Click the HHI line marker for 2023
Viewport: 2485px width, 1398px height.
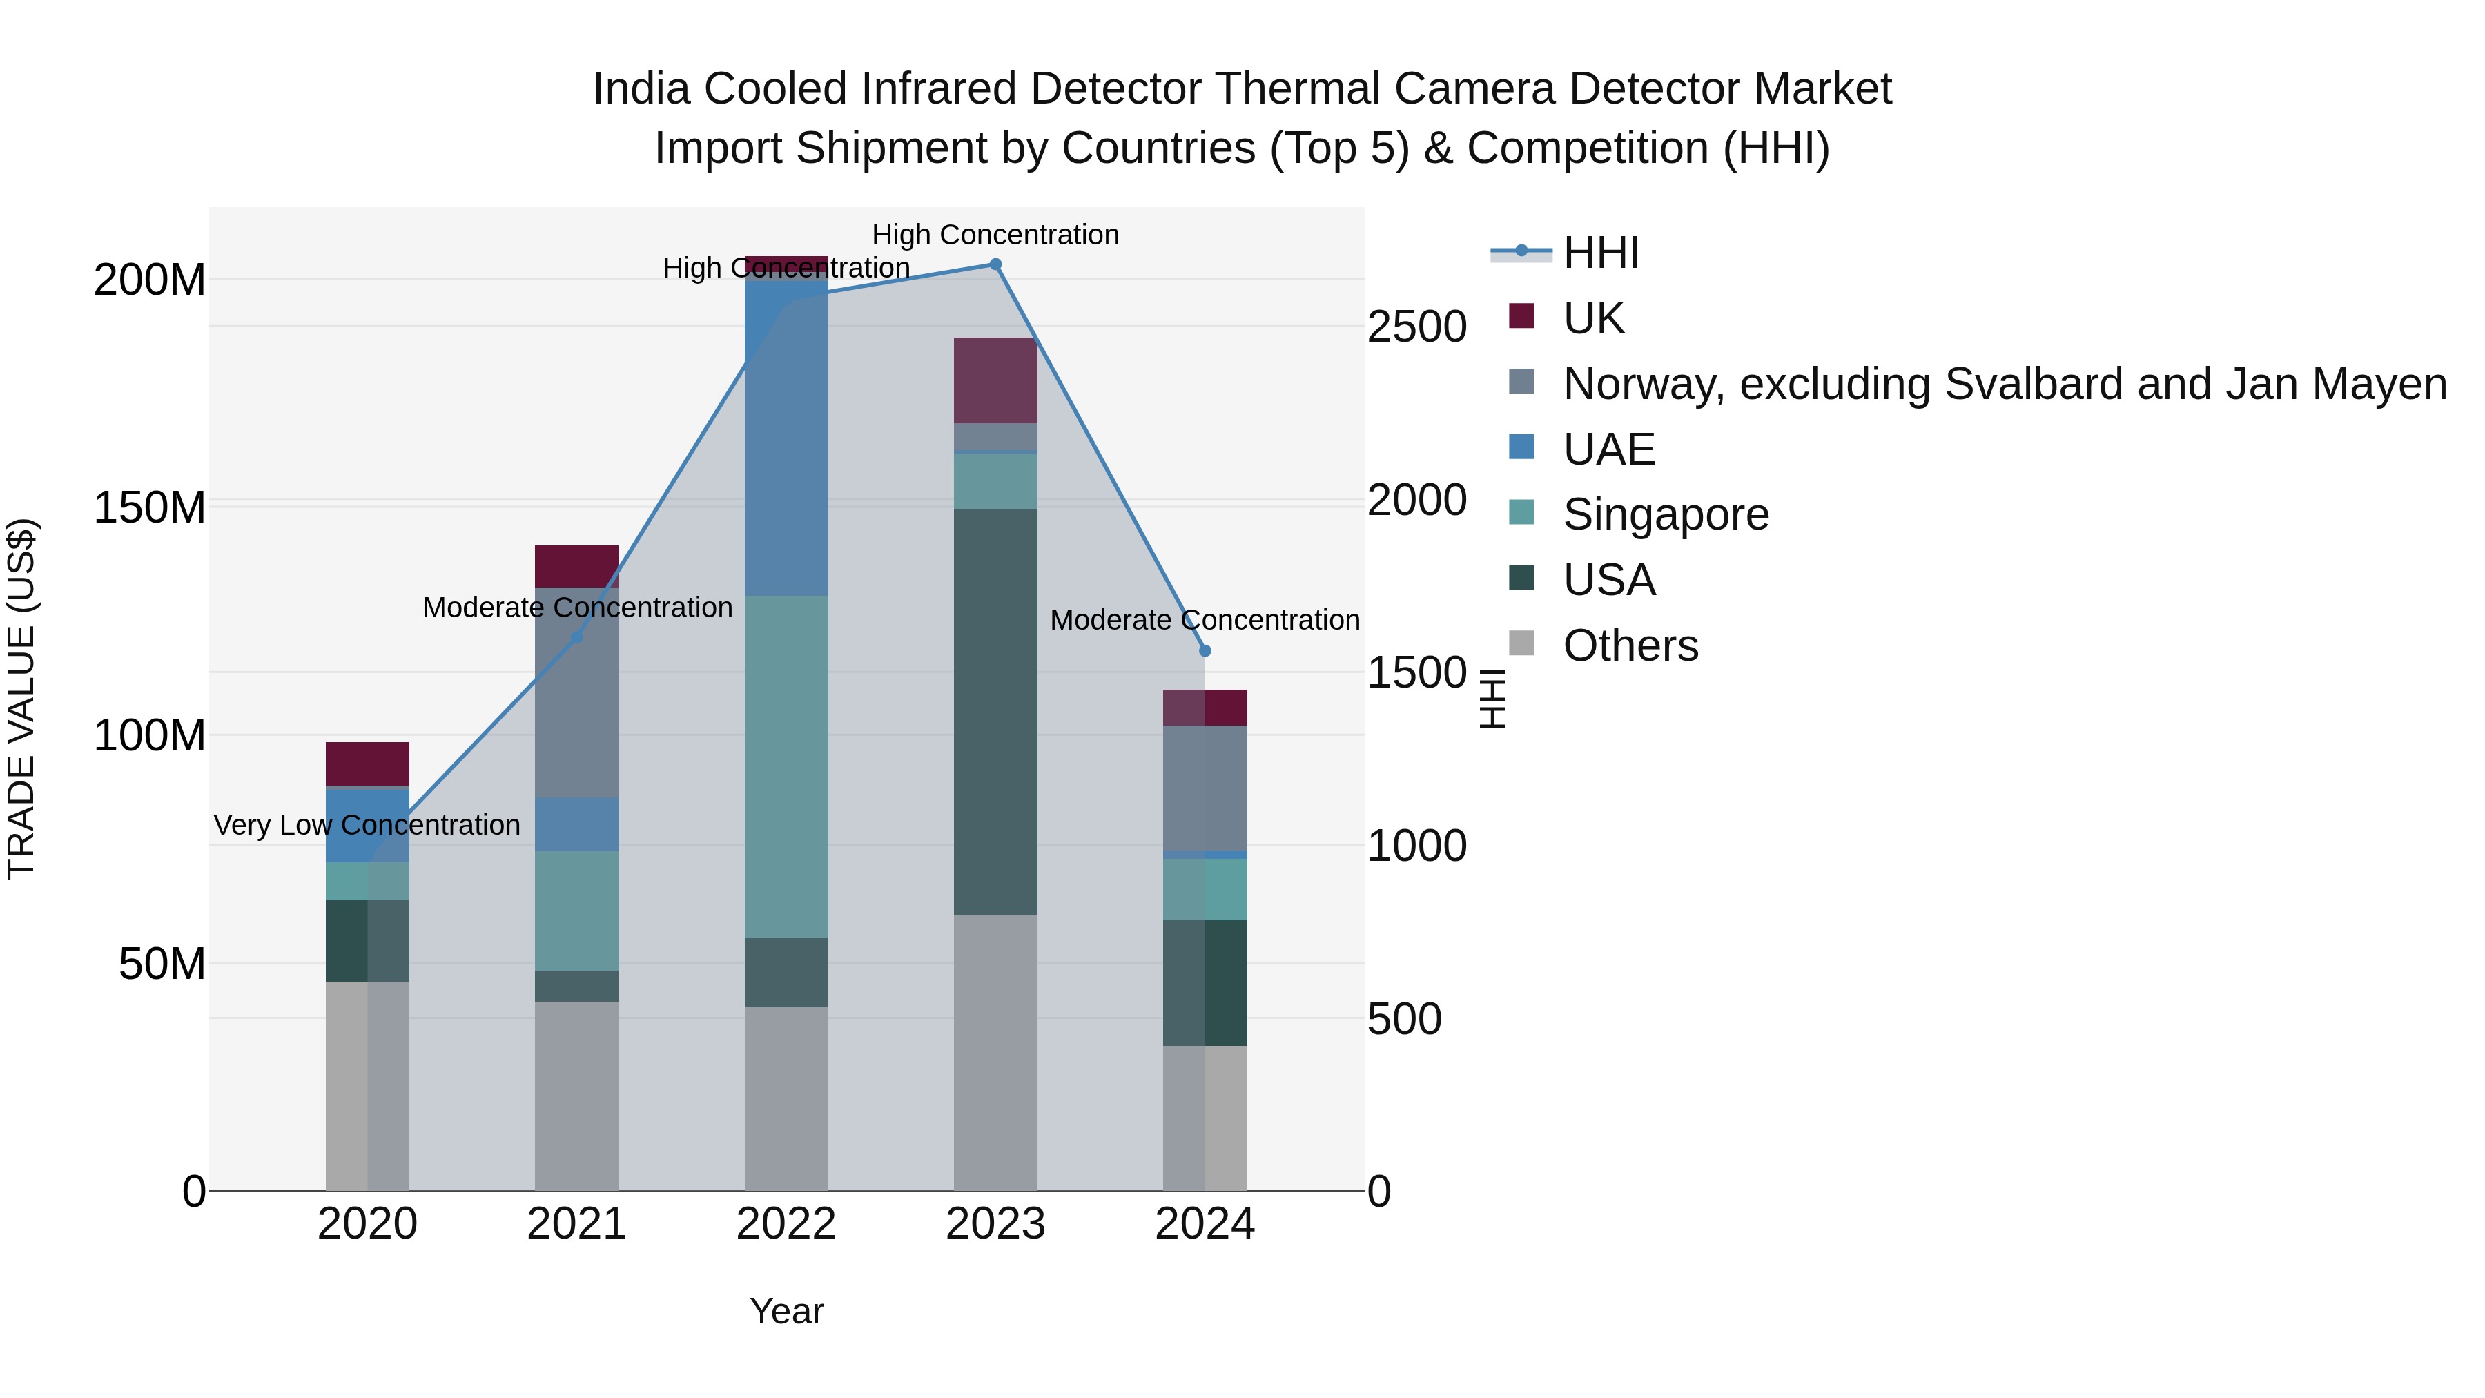[x=995, y=264]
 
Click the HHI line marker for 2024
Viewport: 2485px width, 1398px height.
[x=1205, y=651]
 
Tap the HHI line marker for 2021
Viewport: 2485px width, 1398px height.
[x=577, y=638]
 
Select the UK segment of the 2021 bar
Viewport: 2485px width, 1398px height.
[x=577, y=566]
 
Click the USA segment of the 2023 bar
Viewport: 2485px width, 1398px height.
[x=995, y=712]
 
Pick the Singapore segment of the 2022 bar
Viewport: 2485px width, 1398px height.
[x=786, y=767]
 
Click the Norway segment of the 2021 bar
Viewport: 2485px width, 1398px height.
[x=577, y=692]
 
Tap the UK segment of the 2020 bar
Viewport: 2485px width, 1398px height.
[x=367, y=764]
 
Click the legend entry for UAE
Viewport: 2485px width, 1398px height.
[x=1608, y=449]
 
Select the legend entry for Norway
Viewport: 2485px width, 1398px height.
[x=2004, y=384]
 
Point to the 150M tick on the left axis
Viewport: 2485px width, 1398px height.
[x=150, y=507]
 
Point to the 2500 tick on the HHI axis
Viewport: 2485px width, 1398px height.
[x=1416, y=327]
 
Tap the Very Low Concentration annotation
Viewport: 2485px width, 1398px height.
[x=367, y=826]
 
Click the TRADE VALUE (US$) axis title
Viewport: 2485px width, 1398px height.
[x=21, y=699]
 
